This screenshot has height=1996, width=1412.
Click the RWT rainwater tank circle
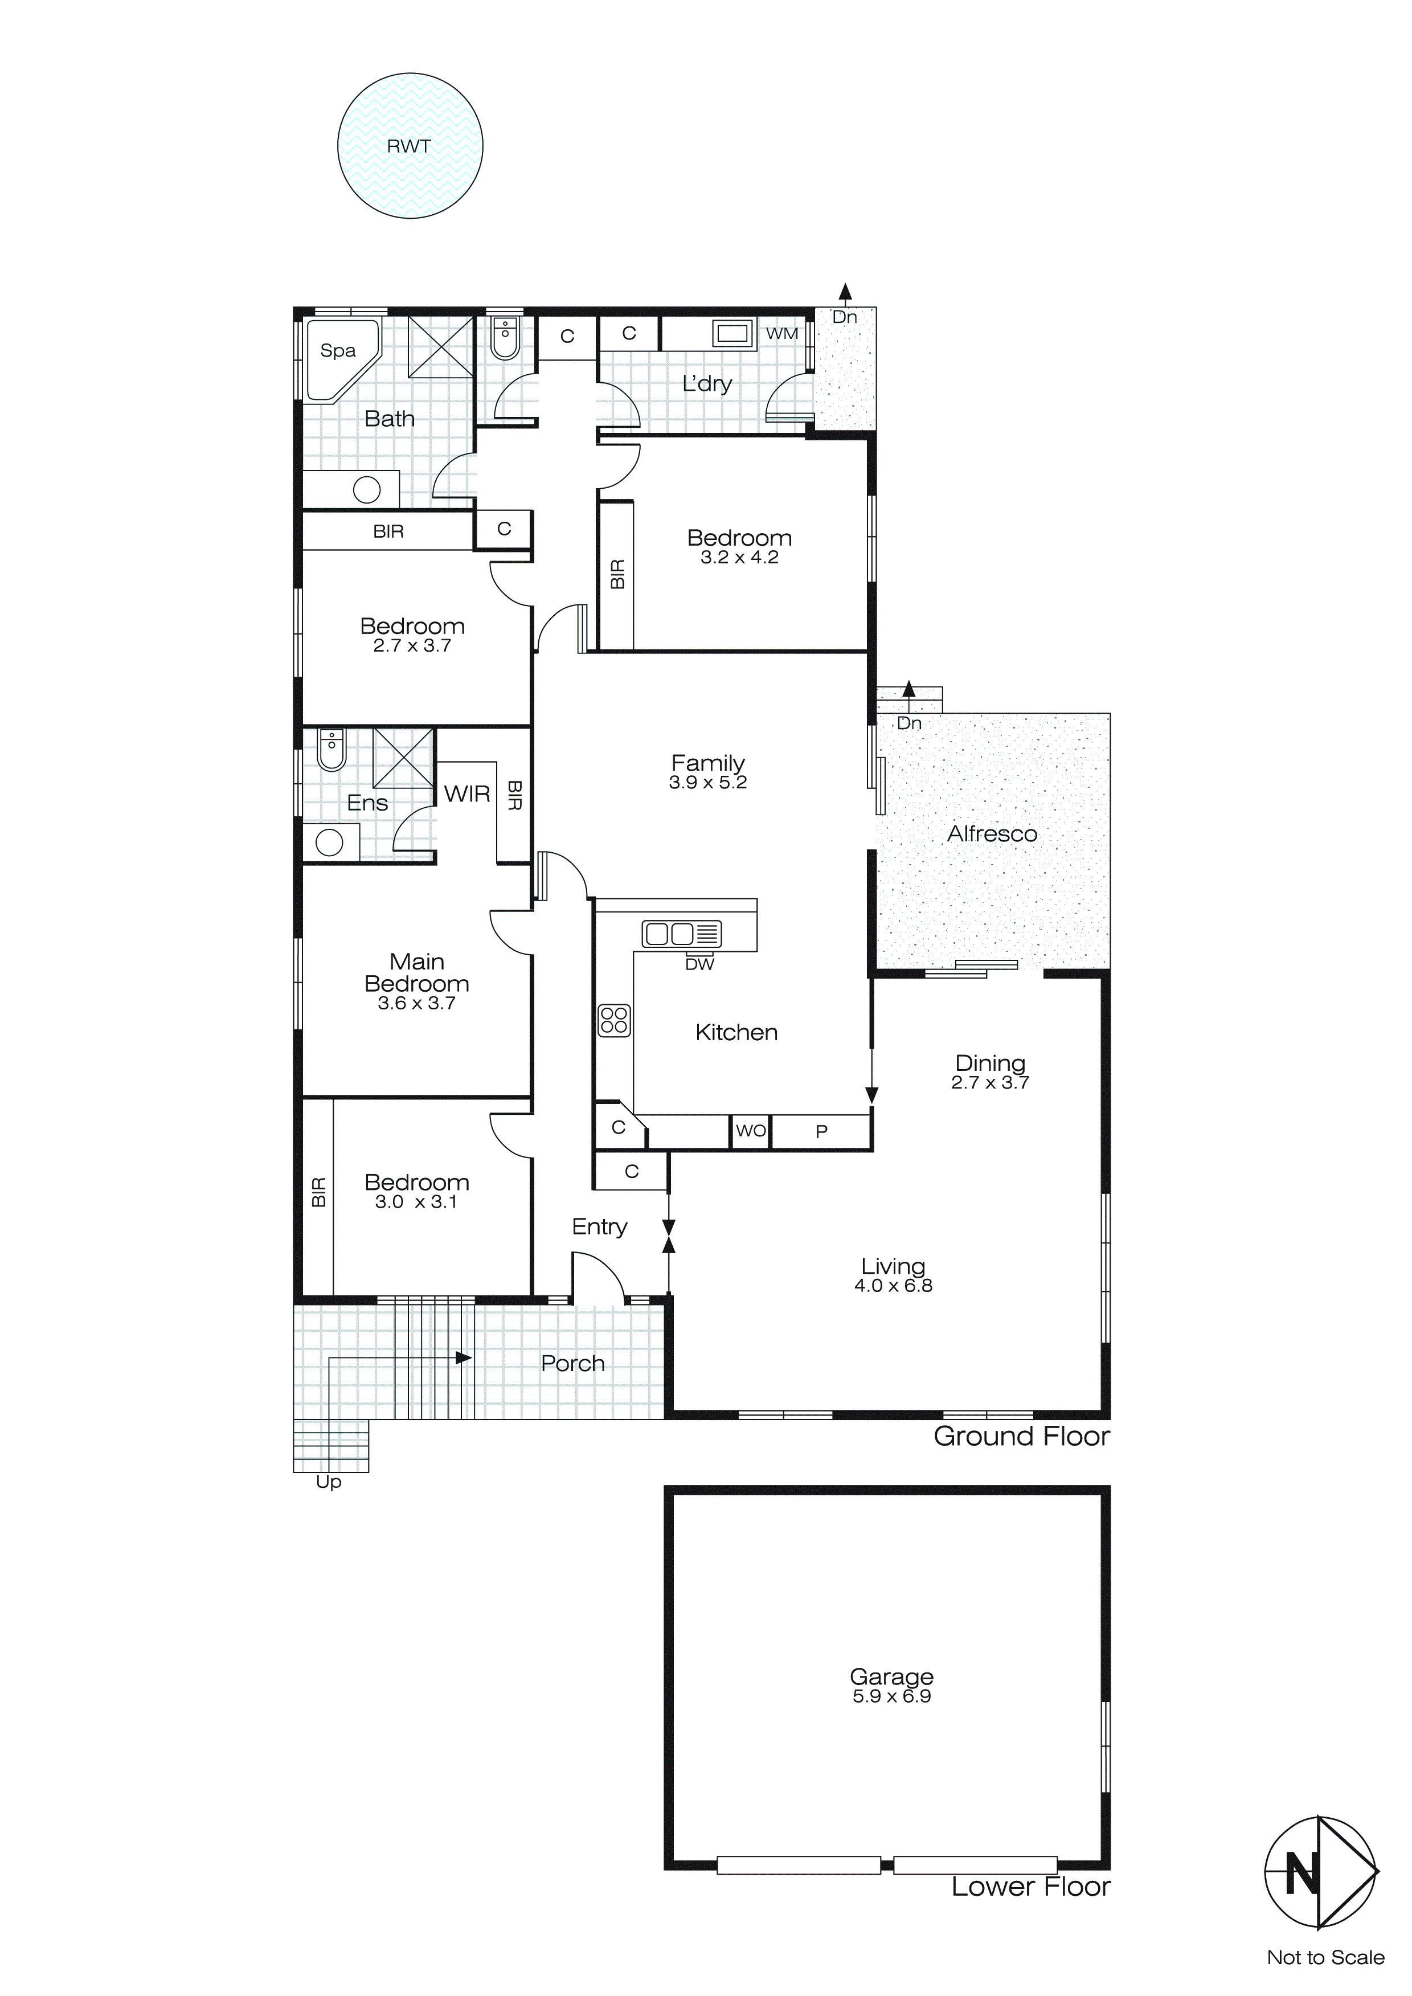pyautogui.click(x=410, y=145)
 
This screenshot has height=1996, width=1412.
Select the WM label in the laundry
pyautogui.click(x=781, y=334)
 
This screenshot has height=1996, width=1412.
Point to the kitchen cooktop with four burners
pyautogui.click(x=614, y=1021)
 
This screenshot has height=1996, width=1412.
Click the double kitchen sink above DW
pyautogui.click(x=682, y=934)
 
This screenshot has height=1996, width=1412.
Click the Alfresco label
pyautogui.click(x=992, y=834)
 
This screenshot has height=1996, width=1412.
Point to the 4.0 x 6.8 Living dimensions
pyautogui.click(x=893, y=1286)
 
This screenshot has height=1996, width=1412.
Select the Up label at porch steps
pyautogui.click(x=329, y=1482)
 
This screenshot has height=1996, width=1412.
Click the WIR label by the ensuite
pyautogui.click(x=467, y=794)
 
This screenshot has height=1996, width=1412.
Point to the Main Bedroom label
pyautogui.click(x=416, y=973)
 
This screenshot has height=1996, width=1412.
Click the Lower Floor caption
pyautogui.click(x=1030, y=1887)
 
